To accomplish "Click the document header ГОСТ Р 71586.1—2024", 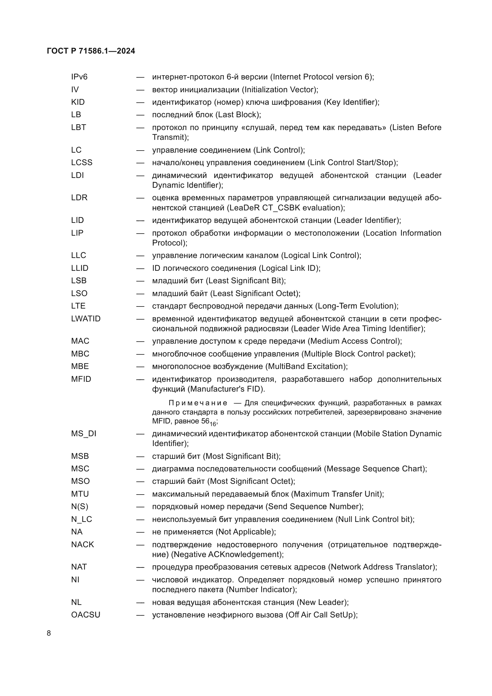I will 91,51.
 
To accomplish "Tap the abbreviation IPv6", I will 79,77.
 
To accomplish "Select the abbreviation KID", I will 78,102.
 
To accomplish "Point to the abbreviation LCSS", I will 82,162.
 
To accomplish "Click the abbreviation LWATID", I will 86,319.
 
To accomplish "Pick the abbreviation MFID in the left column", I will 81,379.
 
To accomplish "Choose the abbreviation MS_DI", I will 84,434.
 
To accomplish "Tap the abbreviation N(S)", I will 79,506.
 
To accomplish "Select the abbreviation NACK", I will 82,545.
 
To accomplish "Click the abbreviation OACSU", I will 85,615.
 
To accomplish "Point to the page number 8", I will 49,633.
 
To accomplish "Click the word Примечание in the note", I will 198,403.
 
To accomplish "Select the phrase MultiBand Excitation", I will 306,367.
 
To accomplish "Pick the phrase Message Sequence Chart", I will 375,469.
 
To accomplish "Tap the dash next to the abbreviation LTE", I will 140,306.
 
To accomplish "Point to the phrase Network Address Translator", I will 381,567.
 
